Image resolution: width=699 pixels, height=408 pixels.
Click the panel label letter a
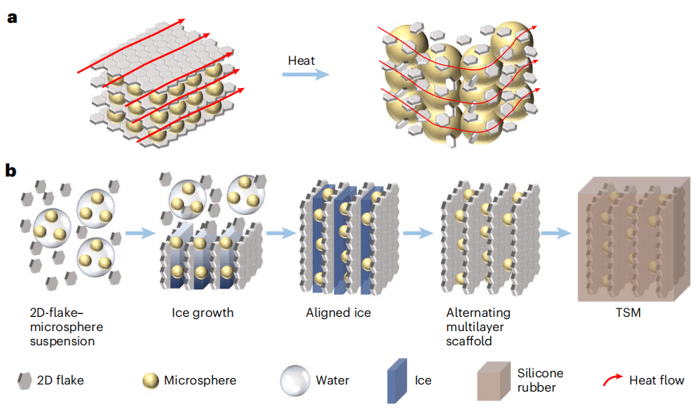coord(11,18)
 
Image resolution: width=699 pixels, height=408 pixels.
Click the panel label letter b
coord(11,171)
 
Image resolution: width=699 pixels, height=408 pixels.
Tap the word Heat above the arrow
coord(301,61)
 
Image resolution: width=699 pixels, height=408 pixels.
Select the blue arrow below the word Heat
coord(304,75)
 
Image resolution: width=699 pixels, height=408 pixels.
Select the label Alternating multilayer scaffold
coord(478,327)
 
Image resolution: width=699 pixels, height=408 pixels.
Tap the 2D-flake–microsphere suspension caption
coord(68,327)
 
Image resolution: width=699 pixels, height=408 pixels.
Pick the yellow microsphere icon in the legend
coord(151,380)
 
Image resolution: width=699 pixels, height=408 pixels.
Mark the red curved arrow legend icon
coord(611,380)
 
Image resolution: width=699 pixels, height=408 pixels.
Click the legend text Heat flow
coord(656,380)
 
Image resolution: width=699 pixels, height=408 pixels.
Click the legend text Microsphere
coord(200,380)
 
